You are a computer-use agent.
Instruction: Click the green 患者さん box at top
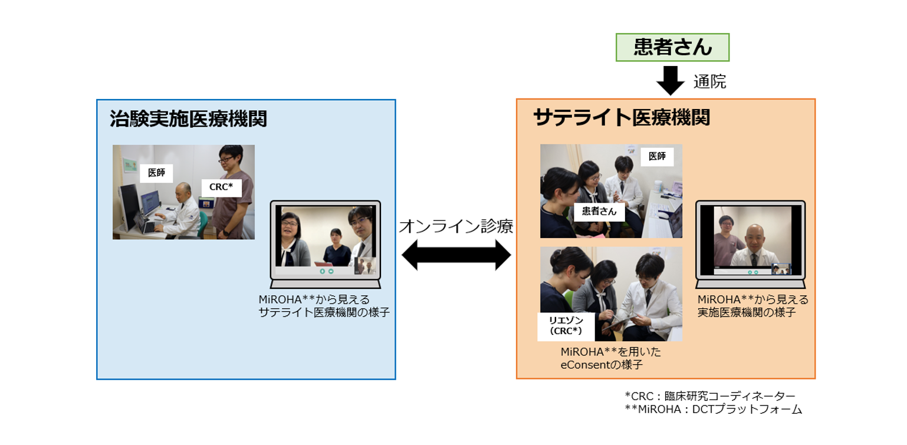(x=672, y=47)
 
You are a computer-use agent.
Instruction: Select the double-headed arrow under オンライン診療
(x=456, y=255)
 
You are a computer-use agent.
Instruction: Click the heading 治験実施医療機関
(x=188, y=119)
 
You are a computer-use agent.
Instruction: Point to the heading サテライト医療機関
(x=622, y=118)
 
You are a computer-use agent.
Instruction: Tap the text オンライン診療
(x=456, y=226)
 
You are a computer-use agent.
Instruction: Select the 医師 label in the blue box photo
(x=156, y=173)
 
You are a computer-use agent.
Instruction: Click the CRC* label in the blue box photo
(x=221, y=187)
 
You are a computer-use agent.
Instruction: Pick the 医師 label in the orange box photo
(x=656, y=157)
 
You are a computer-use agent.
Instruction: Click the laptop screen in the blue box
(x=325, y=240)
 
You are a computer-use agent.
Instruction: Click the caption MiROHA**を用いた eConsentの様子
(x=611, y=358)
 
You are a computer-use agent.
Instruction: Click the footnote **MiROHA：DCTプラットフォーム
(x=713, y=409)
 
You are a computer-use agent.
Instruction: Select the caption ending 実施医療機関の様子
(x=752, y=306)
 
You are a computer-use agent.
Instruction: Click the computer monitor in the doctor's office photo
(x=129, y=206)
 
